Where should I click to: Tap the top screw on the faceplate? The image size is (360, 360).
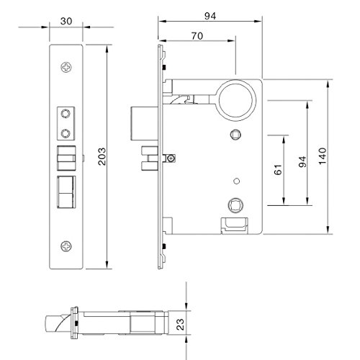click(x=67, y=68)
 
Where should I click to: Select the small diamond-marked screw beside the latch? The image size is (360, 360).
click(x=171, y=158)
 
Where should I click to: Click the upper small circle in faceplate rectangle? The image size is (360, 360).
click(x=67, y=113)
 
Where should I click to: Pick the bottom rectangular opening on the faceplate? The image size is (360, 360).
click(x=67, y=193)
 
